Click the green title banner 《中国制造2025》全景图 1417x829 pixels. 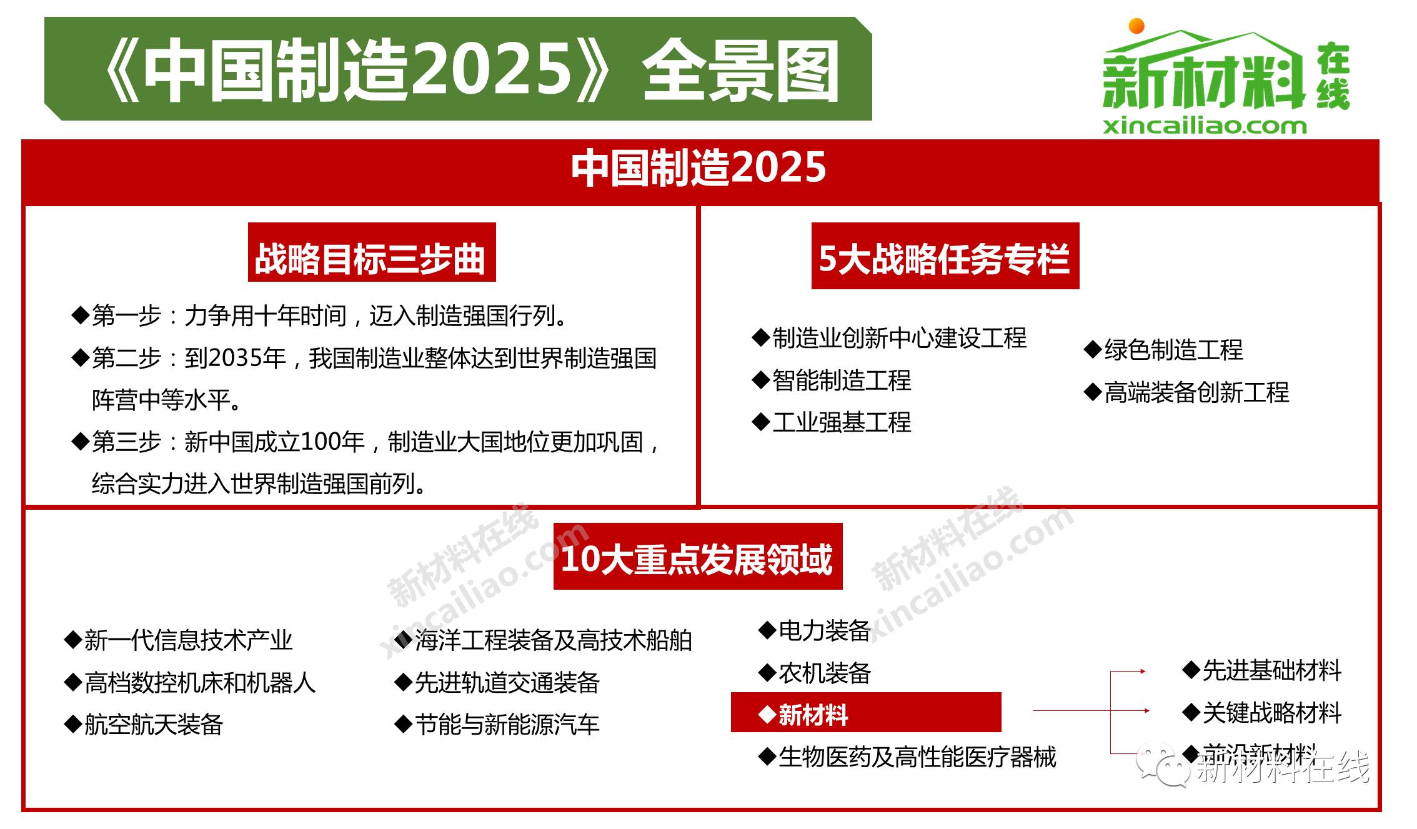(x=458, y=69)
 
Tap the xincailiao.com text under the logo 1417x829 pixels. (x=1204, y=126)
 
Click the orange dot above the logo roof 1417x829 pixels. (x=1136, y=26)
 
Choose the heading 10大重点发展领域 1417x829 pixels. (x=697, y=558)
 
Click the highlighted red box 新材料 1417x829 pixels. (x=865, y=713)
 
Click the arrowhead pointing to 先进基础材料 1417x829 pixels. (x=1142, y=672)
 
